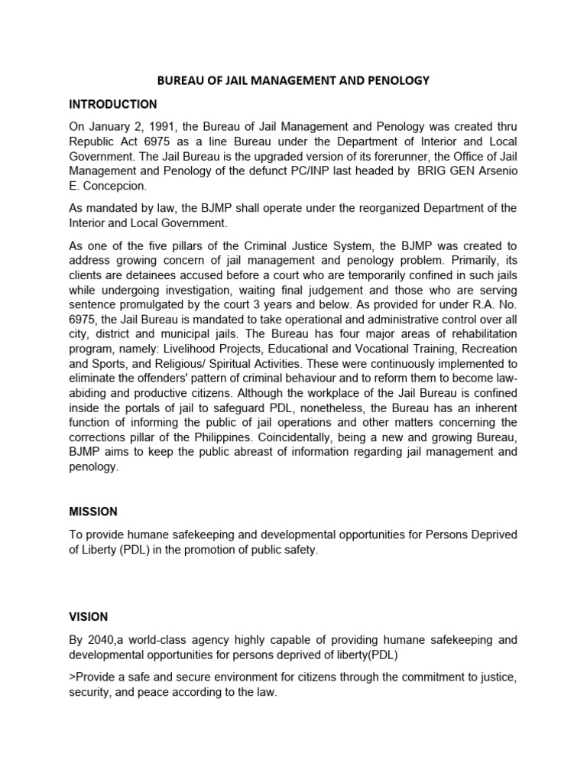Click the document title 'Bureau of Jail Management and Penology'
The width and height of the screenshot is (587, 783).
click(x=293, y=80)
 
